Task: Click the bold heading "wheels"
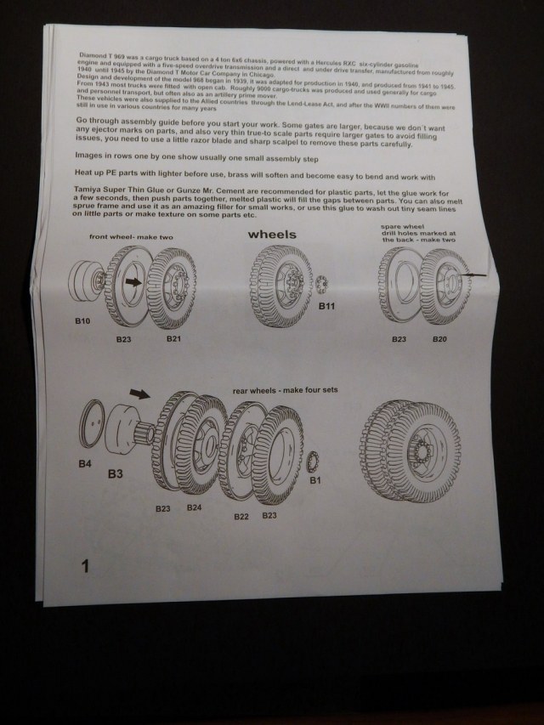271,234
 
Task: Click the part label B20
439,338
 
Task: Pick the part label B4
84,463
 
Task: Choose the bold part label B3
116,473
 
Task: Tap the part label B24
194,507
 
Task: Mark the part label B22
241,517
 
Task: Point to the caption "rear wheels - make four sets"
285,390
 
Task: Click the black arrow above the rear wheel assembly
135,394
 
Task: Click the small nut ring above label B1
314,460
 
